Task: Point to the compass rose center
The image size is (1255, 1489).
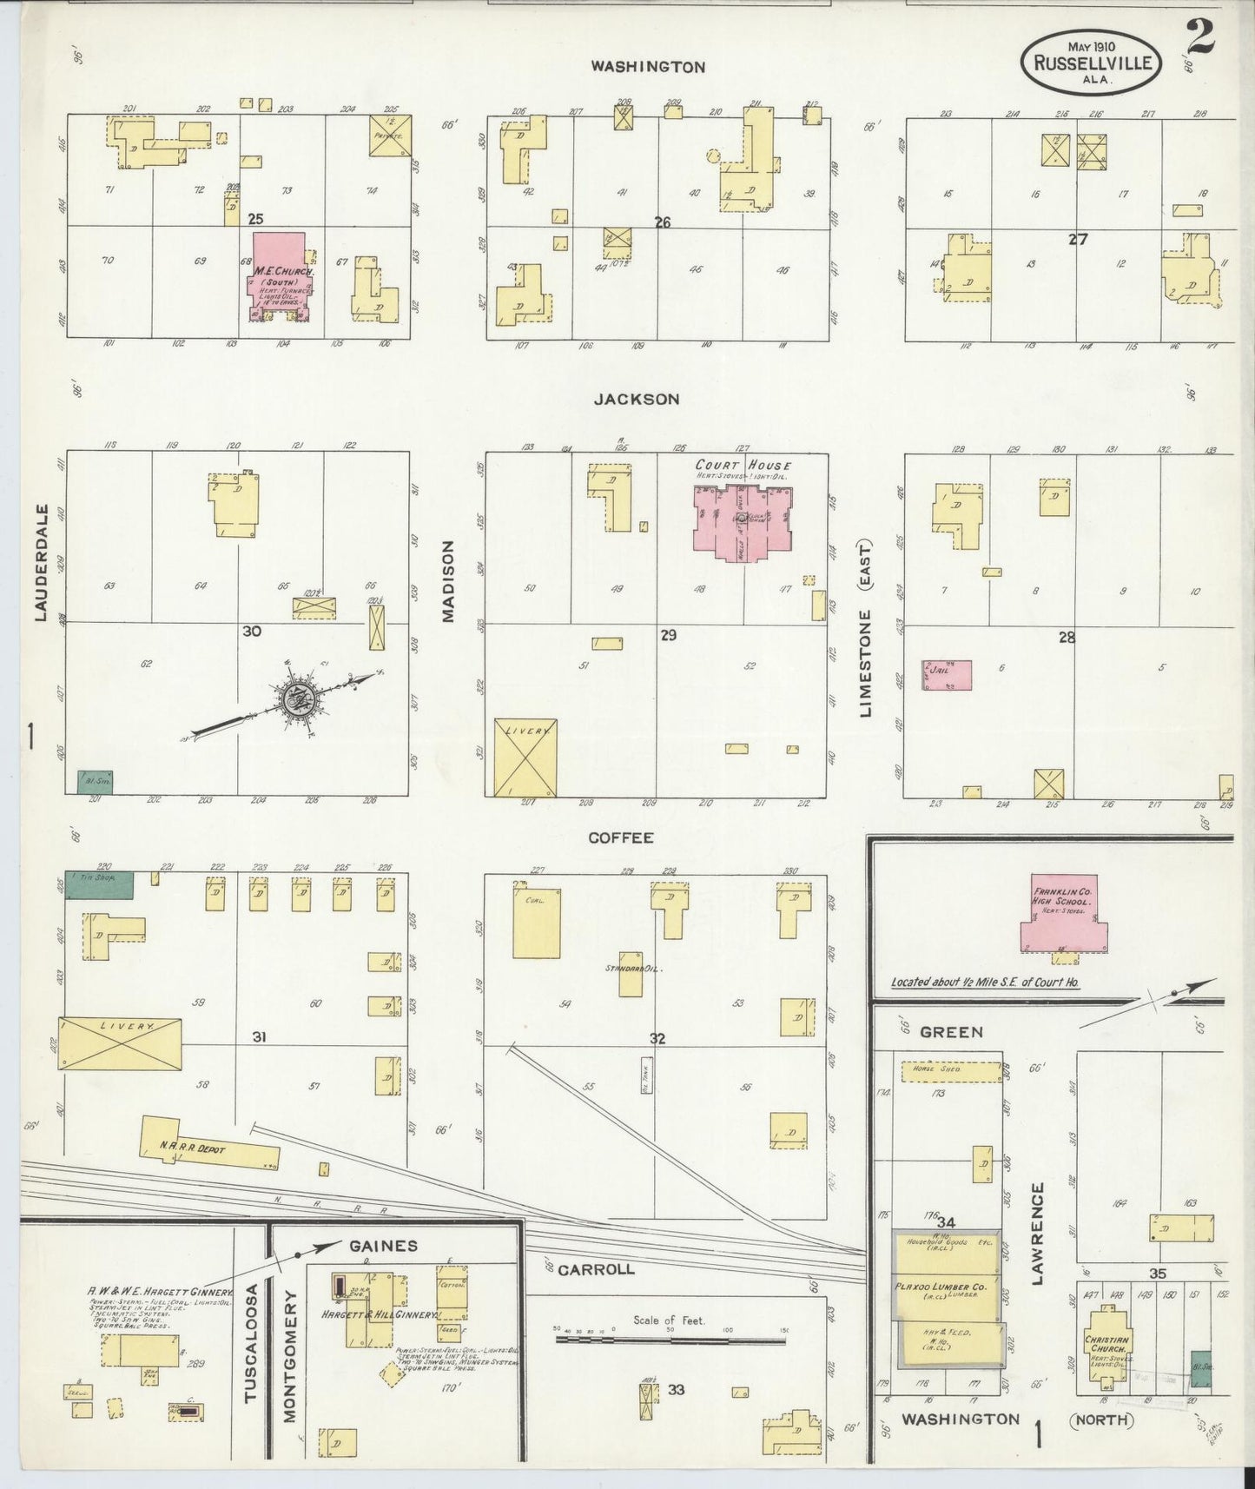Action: [297, 697]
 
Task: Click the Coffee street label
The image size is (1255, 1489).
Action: [620, 838]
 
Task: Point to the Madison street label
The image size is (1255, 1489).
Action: [448, 581]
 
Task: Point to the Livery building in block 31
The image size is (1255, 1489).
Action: [121, 1044]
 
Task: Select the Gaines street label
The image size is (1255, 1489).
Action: [383, 1246]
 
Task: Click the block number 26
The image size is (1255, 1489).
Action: [663, 222]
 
